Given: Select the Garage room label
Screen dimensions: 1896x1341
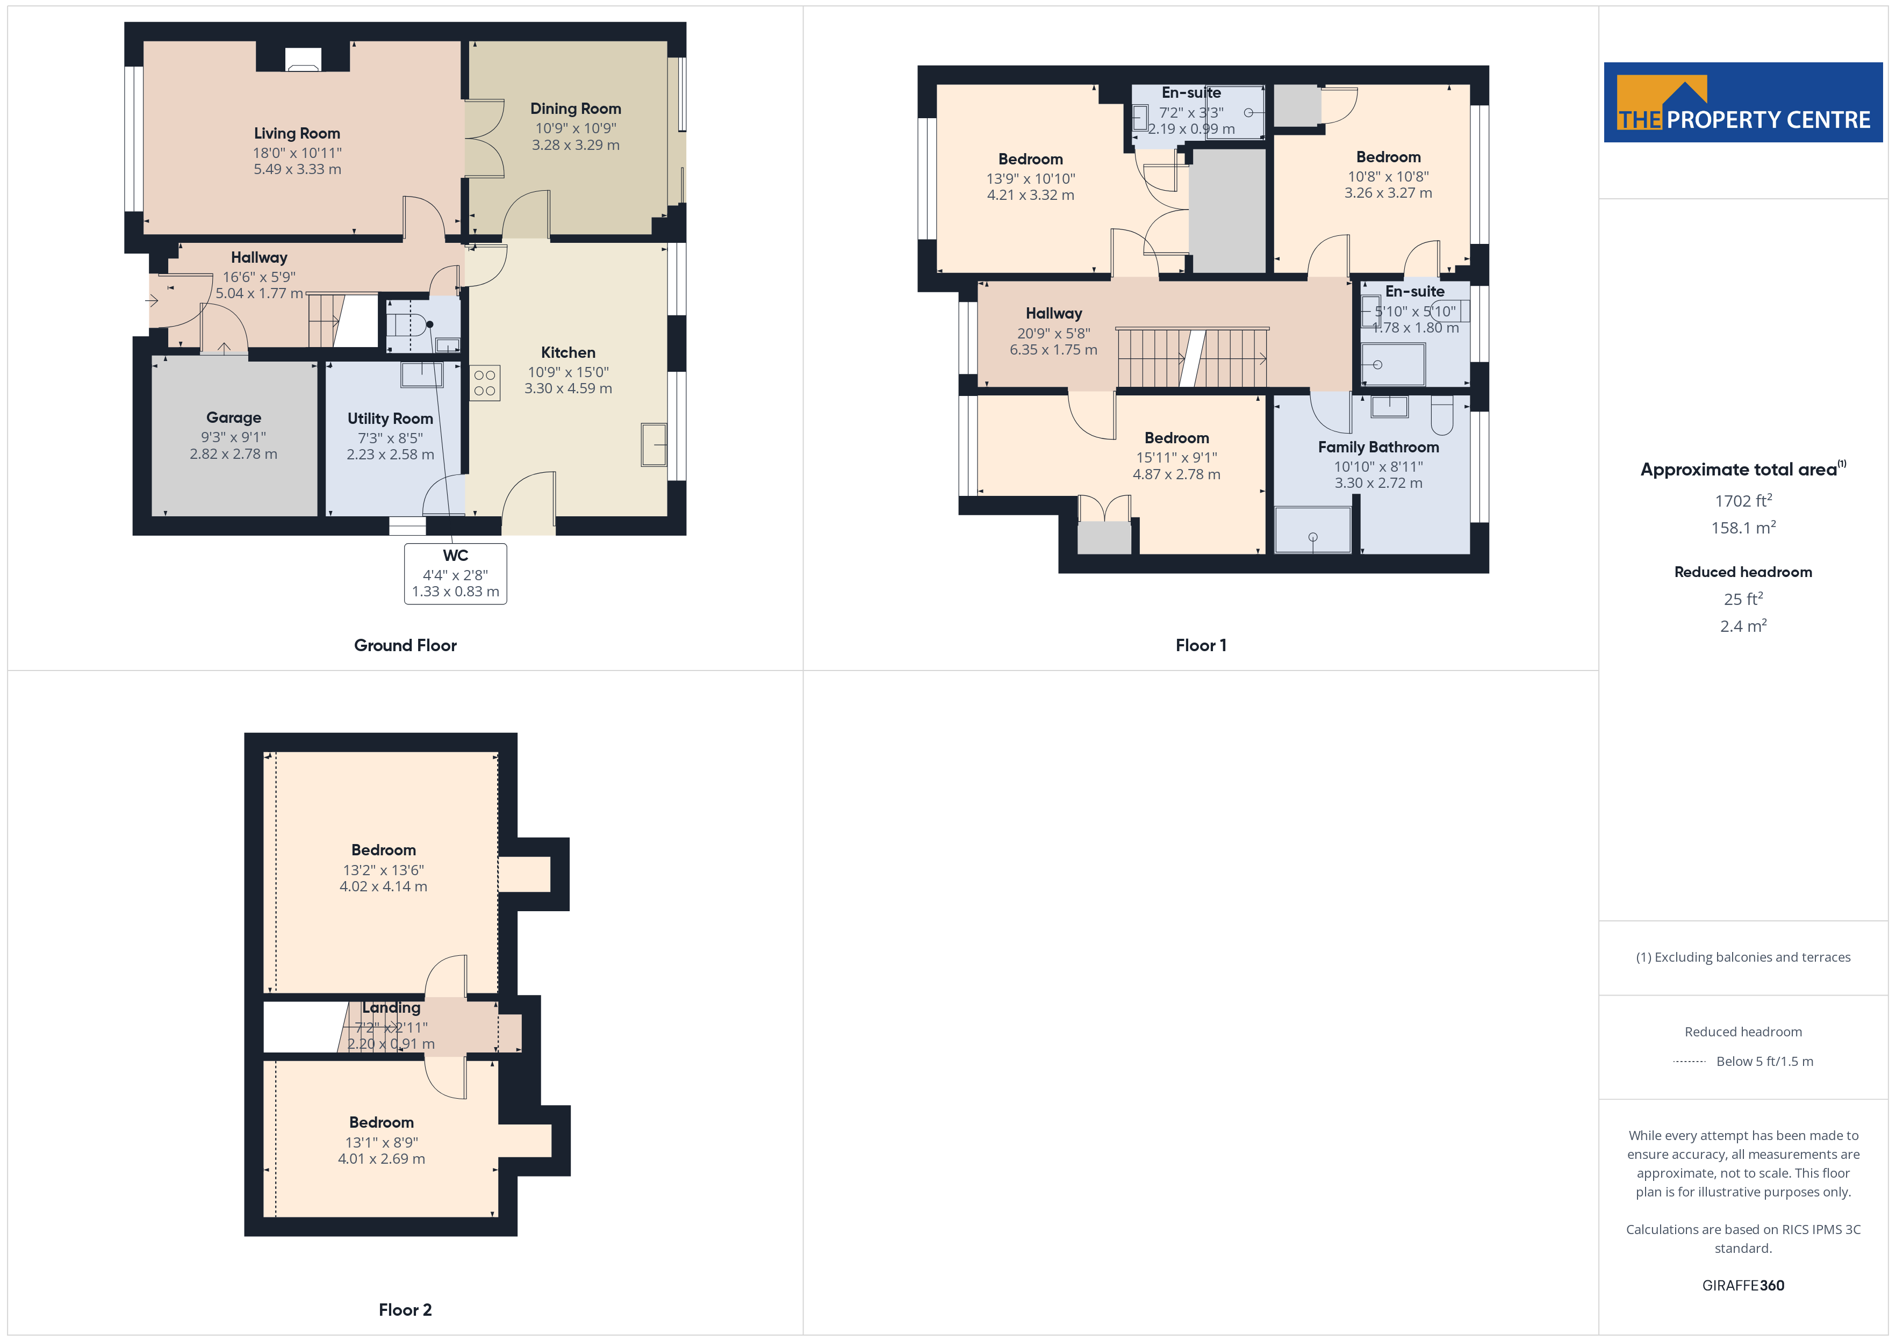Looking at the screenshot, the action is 234,418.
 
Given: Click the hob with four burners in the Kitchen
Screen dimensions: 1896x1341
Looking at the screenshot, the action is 485,383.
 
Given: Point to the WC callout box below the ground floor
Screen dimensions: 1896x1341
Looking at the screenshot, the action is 455,573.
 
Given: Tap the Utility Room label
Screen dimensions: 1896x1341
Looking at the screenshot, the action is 390,419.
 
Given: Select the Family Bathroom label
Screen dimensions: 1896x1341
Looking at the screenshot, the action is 1378,446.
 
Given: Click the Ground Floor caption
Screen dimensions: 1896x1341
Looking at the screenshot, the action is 405,645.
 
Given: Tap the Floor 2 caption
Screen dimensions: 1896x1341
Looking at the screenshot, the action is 405,1310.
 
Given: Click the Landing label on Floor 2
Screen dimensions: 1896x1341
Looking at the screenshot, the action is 391,1007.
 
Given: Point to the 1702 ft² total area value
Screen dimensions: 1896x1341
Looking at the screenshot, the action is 1743,500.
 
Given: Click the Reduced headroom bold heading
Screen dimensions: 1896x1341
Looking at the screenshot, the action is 1743,572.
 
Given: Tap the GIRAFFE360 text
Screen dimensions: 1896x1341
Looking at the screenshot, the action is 1743,1286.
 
